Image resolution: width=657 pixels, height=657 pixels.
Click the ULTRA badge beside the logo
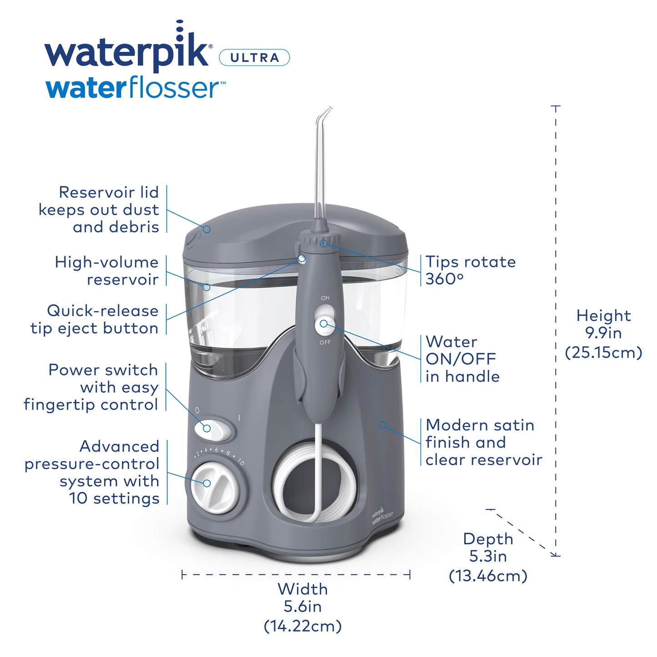tap(254, 58)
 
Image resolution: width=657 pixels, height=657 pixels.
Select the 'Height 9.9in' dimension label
tap(603, 333)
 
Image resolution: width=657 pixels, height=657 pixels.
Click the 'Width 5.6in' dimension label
tap(302, 607)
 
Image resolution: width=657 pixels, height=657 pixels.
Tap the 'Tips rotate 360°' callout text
tap(470, 270)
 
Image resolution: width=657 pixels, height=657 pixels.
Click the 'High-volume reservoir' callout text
tap(107, 271)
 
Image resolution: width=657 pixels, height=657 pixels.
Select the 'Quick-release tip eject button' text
tap(95, 319)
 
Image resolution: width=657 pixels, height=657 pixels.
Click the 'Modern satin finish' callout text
tap(483, 442)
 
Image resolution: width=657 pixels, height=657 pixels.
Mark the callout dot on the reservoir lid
tap(207, 229)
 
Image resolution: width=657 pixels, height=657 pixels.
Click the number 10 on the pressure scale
tap(241, 462)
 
